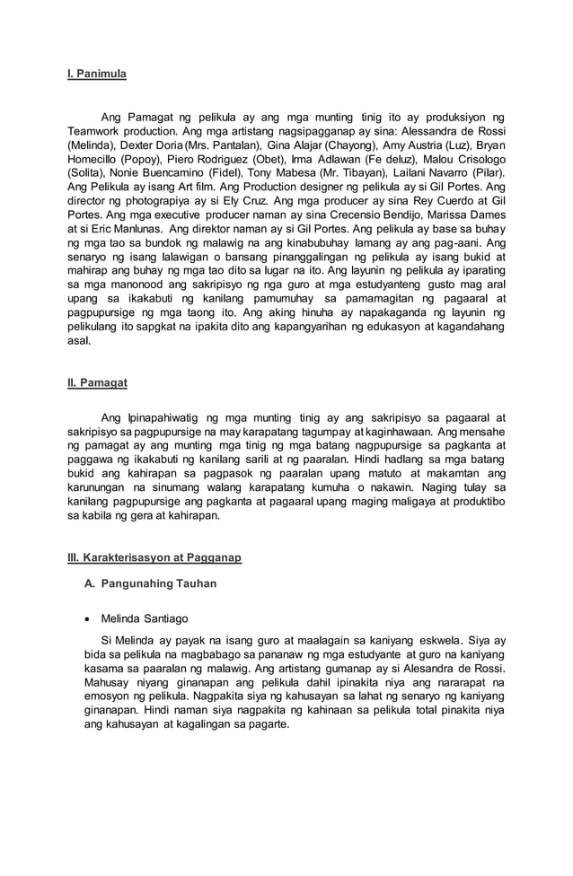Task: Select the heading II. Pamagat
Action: click(x=98, y=382)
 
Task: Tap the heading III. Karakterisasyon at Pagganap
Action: click(x=154, y=557)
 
